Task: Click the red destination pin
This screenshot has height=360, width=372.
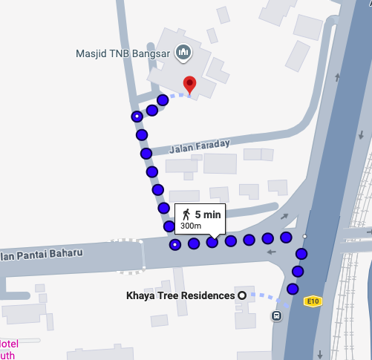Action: (x=189, y=84)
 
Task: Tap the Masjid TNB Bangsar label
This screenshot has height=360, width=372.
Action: (x=123, y=53)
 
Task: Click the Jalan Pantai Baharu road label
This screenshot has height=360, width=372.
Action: (x=41, y=254)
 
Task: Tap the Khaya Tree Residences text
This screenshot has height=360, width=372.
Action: (x=180, y=295)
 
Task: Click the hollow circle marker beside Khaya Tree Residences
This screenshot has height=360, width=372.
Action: (x=241, y=295)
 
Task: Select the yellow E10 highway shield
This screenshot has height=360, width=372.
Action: (x=313, y=301)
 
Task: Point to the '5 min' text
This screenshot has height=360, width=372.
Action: (x=208, y=215)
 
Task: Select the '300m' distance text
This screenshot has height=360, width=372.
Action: (x=191, y=225)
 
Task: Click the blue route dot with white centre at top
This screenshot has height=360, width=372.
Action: (x=137, y=117)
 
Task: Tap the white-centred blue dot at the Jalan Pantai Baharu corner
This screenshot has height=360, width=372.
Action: (x=175, y=244)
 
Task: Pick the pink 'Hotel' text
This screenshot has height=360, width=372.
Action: (x=7, y=344)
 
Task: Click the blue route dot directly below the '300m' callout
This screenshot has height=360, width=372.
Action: (x=212, y=242)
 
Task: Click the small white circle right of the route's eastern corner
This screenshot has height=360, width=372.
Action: (x=305, y=236)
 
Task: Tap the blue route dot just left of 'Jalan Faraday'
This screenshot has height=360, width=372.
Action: (x=146, y=153)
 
